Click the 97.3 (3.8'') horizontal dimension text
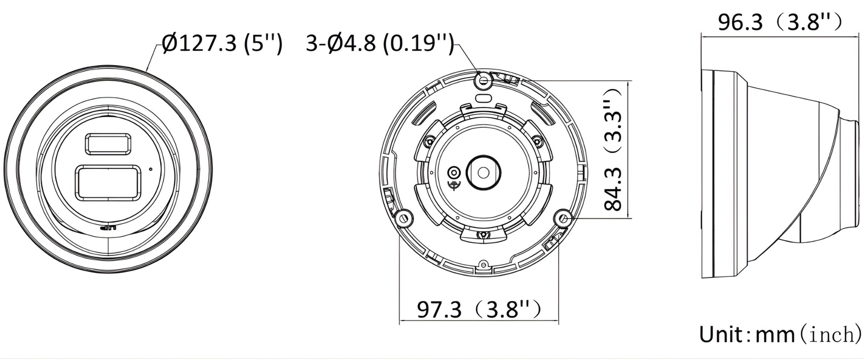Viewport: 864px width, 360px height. [479, 309]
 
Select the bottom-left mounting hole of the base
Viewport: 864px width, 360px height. [404, 218]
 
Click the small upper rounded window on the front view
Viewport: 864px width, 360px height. [108, 144]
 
